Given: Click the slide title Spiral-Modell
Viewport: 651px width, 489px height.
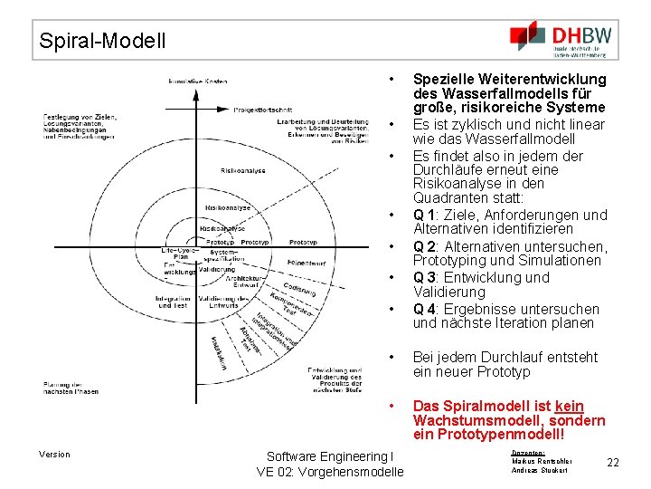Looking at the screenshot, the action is click(x=102, y=41).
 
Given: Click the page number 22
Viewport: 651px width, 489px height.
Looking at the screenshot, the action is click(x=612, y=463).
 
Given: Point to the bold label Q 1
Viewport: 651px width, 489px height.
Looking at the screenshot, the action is click(x=424, y=216).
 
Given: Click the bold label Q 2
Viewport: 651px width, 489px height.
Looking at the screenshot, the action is click(x=424, y=247).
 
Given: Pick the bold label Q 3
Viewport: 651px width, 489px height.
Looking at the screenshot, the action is click(x=424, y=278).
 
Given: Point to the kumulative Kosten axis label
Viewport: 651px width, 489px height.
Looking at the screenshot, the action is click(x=197, y=81).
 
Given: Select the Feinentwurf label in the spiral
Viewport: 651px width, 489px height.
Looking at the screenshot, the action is click(x=307, y=263).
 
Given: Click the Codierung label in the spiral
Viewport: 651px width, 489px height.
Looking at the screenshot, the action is click(x=299, y=284).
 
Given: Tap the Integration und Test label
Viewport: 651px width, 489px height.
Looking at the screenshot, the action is click(x=173, y=302).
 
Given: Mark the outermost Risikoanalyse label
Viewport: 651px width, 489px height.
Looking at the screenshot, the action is click(x=242, y=170).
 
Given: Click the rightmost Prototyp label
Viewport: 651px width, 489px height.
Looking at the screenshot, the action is click(x=304, y=243).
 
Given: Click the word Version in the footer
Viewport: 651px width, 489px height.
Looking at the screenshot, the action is click(x=54, y=455).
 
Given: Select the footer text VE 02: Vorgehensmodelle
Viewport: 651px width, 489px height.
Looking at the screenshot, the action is click(x=330, y=472).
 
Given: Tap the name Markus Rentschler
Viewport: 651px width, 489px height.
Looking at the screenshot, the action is click(x=542, y=461).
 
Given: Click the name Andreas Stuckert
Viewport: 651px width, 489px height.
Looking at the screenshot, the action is click(x=540, y=471).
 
